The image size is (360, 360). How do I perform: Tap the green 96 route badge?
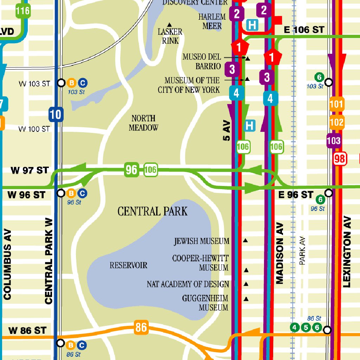pos(131,171)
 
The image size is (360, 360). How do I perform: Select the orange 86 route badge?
pos(141,328)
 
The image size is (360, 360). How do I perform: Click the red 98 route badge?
pos(340,159)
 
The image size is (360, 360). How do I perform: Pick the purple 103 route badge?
pos(334,141)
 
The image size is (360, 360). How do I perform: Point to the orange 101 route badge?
pos(336,104)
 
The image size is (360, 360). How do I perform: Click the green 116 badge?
pos(22,11)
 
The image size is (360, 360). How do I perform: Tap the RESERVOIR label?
pos(128,265)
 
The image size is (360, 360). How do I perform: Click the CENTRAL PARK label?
pos(152,211)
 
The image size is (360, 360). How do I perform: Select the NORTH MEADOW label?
pos(143,123)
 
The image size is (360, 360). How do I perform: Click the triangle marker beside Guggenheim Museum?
pos(246,299)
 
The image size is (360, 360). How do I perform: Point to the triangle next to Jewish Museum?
pos(245,241)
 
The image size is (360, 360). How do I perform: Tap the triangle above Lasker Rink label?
pos(169,25)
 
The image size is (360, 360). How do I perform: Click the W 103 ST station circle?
pos(61,83)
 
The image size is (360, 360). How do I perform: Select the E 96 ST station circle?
pos(328,193)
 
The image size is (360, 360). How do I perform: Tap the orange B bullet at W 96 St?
pos(71,193)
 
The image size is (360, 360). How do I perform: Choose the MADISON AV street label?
pos(280,253)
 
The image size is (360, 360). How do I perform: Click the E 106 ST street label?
pos(304,30)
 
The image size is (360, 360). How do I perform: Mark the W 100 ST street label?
pos(34,129)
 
